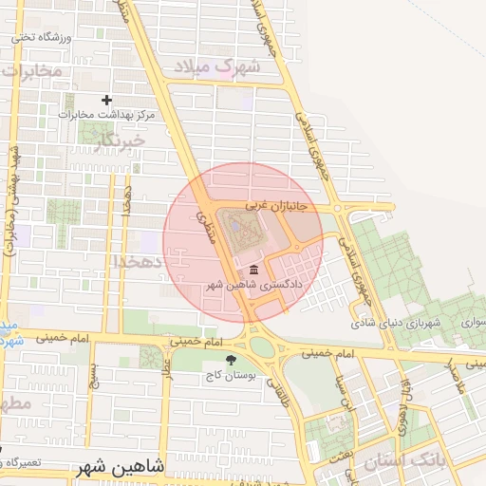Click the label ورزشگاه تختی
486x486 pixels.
[x=42, y=38]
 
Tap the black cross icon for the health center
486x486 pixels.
[x=106, y=100]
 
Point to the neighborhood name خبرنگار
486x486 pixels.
[x=120, y=142]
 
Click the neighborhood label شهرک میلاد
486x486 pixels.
[x=212, y=66]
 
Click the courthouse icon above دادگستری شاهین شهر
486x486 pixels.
[x=252, y=271]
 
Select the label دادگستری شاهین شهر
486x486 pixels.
[x=253, y=285]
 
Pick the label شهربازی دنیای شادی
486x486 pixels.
[x=396, y=324]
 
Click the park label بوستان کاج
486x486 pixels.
[x=232, y=376]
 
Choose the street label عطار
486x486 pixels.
[x=166, y=365]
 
